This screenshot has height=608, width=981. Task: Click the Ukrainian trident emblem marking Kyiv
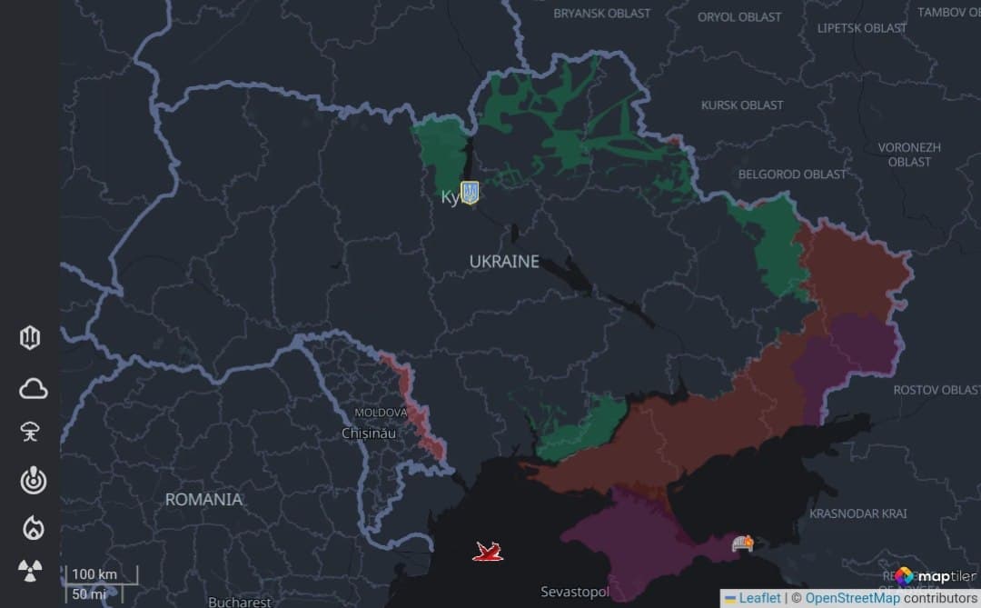coord(470,193)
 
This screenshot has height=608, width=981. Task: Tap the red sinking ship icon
coord(488,551)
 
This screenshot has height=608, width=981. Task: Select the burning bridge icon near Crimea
coord(743,543)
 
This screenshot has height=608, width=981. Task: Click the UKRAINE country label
coord(504,262)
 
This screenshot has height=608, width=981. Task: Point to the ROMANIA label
coord(203,500)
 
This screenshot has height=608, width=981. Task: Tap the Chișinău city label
coord(370,434)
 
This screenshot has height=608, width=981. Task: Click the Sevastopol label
coord(574,592)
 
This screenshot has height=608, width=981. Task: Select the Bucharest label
coord(239,602)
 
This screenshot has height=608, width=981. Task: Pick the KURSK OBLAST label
coord(742,105)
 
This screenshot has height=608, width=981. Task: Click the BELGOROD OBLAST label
coord(792,174)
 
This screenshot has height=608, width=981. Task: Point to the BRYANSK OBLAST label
coord(602,14)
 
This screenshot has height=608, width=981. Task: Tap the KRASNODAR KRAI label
coord(857,513)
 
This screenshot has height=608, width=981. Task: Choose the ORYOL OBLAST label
coord(739,17)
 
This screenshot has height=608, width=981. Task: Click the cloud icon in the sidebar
coord(33,389)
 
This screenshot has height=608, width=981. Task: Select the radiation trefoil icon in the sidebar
coord(31,571)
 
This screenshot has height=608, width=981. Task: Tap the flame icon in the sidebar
coord(33,527)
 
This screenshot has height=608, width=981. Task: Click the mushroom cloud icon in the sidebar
coord(31,432)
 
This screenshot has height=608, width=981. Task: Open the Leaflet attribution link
coord(759,598)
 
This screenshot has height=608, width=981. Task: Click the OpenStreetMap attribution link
coord(852,598)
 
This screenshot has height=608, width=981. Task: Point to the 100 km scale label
coord(95,574)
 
